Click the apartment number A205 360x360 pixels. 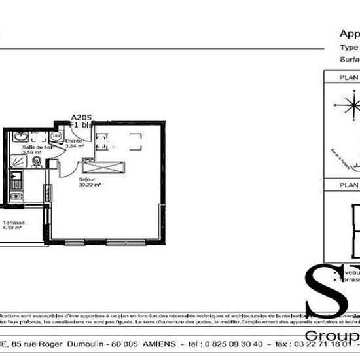(82, 118)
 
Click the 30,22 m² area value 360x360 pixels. (89, 185)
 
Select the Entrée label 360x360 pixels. (73, 141)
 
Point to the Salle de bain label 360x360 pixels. (33, 148)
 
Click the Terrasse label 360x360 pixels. (13, 223)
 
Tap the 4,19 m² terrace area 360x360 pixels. (13, 228)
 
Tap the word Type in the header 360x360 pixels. (349, 47)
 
